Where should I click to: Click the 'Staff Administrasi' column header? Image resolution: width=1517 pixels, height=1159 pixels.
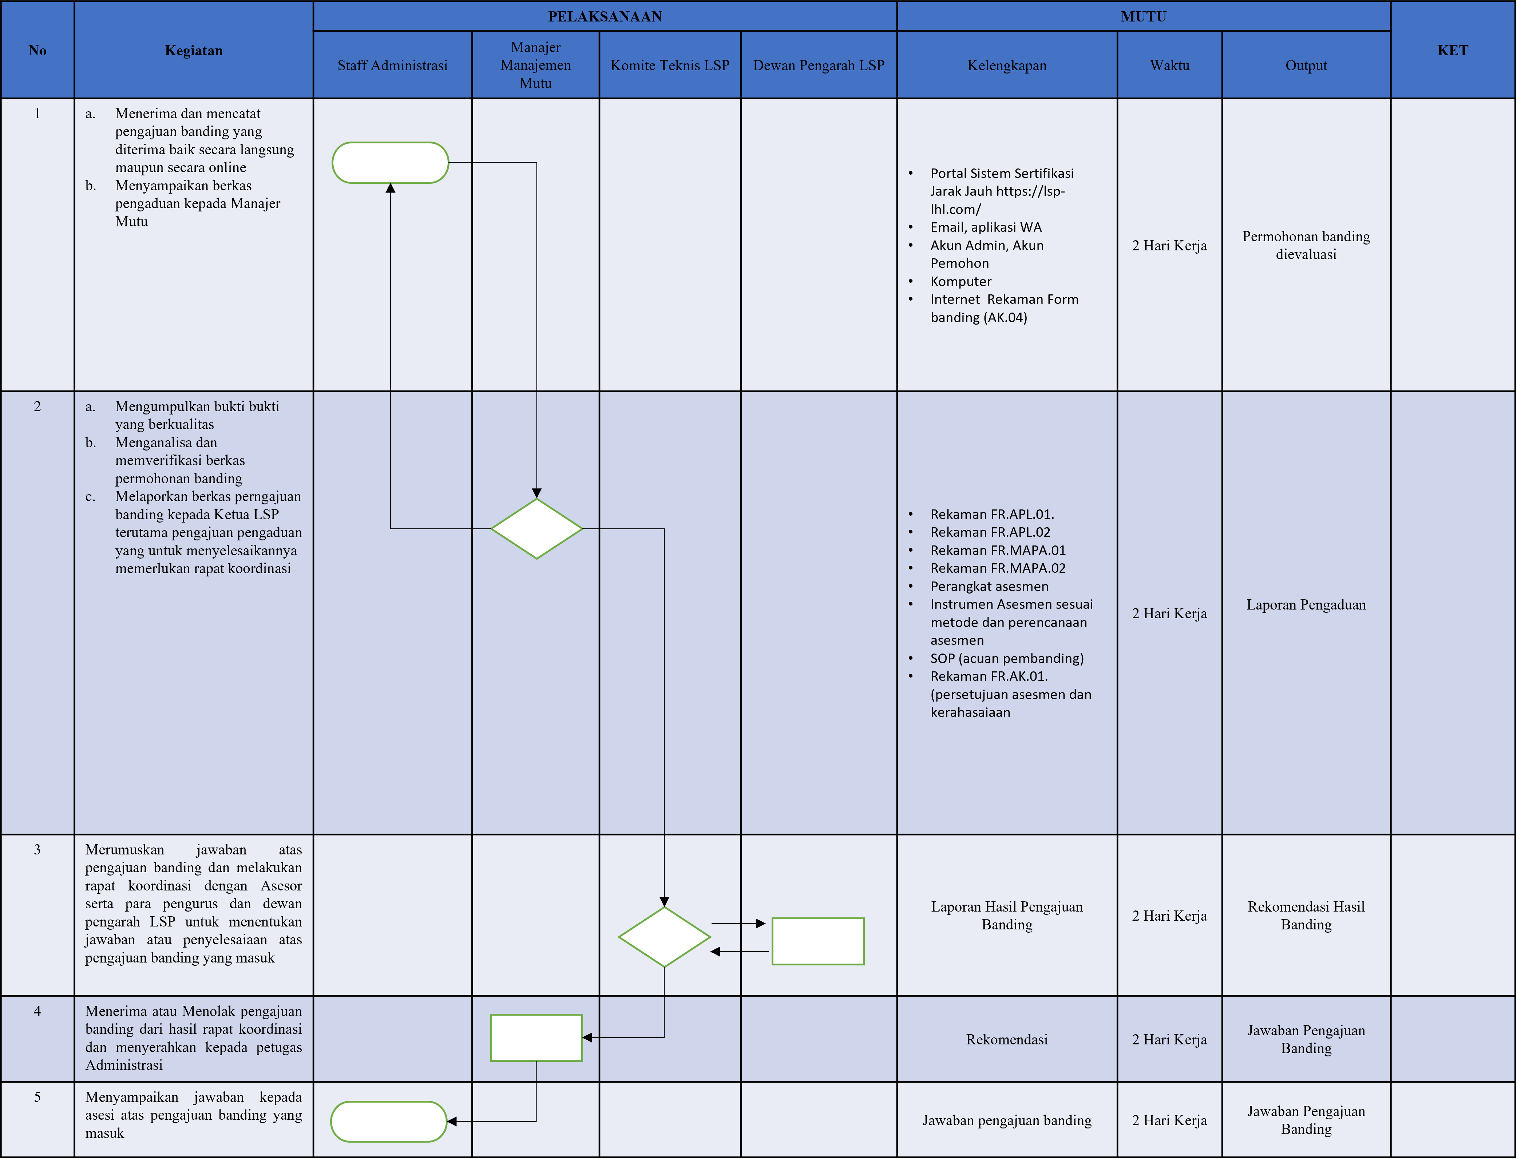pyautogui.click(x=392, y=65)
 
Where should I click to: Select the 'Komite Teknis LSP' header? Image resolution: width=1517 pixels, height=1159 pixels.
pyautogui.click(x=669, y=65)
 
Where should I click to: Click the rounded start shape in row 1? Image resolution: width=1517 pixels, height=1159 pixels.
pyautogui.click(x=391, y=163)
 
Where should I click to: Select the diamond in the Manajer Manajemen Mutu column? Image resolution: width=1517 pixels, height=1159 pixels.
pyautogui.click(x=537, y=528)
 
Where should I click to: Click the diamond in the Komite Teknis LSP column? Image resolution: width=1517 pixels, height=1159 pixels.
pyautogui.click(x=664, y=937)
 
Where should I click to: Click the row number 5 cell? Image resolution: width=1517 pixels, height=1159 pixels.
pyautogui.click(x=37, y=1097)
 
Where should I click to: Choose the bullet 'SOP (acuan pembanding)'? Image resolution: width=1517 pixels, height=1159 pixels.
pyautogui.click(x=1006, y=658)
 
